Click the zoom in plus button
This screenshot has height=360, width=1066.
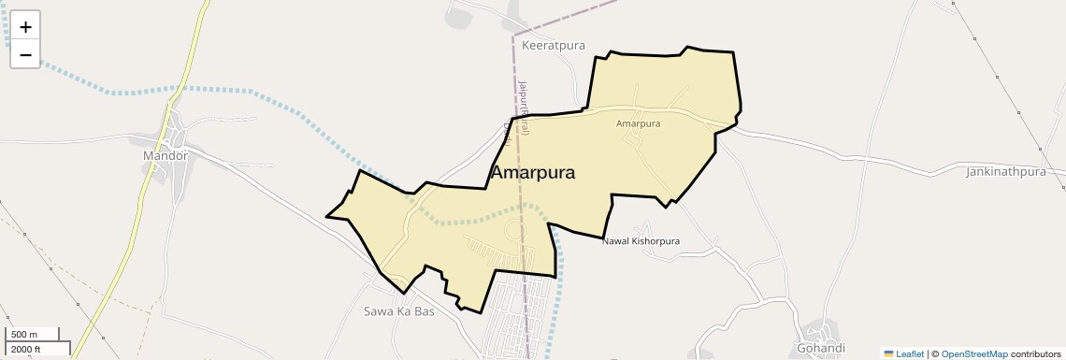25,26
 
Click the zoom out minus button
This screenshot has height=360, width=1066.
25,54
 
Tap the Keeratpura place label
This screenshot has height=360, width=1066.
554,45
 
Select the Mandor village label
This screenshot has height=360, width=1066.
166,155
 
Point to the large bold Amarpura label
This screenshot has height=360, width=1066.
532,173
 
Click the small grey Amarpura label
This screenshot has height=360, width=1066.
639,123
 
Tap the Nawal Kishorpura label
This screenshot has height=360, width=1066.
641,241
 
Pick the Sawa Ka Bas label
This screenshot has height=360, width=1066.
398,311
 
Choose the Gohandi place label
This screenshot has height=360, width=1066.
823,348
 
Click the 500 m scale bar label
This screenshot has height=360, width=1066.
24,335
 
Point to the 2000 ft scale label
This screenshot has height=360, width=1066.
26,350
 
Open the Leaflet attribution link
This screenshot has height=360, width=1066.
910,354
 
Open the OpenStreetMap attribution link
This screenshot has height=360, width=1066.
973,354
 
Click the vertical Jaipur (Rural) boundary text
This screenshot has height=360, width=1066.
525,108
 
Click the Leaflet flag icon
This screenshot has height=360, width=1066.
888,354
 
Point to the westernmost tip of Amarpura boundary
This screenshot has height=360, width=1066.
326,217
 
